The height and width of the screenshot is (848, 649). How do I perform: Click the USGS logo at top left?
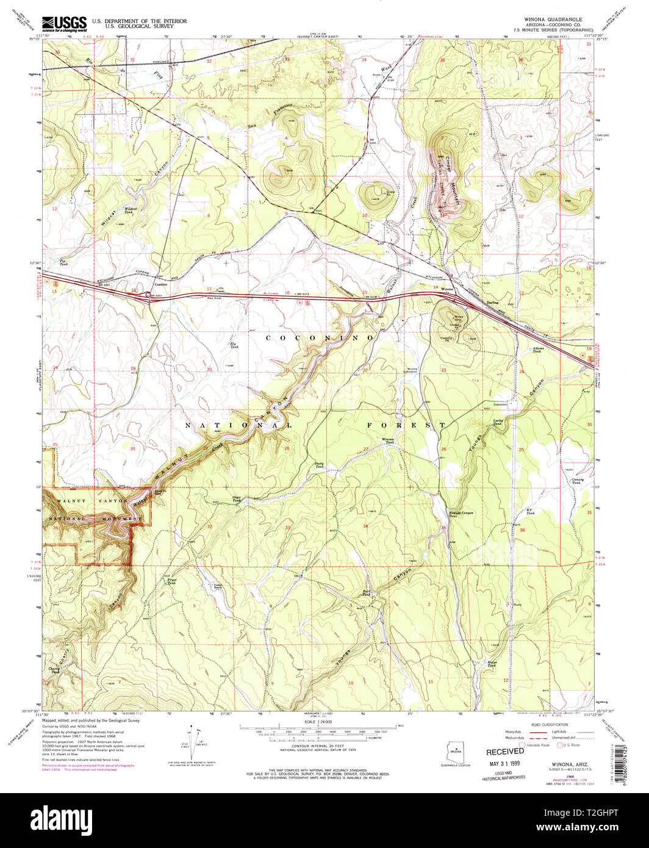[63, 23]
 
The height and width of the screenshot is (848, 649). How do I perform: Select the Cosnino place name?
[160, 284]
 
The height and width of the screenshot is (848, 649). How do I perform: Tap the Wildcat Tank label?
[129, 210]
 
